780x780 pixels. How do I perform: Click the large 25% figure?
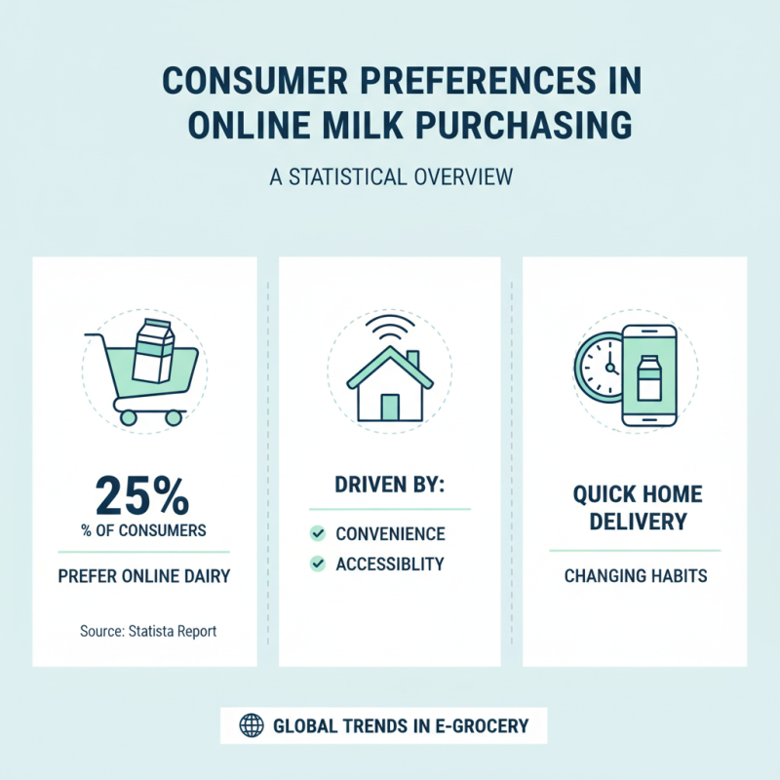pos(142,496)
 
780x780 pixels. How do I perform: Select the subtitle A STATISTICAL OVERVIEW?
pos(390,178)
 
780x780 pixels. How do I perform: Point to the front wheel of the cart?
pos(174,416)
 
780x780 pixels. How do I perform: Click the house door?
pos(390,407)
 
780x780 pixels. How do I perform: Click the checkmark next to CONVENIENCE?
pos(317,533)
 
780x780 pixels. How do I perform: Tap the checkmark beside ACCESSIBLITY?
pos(317,564)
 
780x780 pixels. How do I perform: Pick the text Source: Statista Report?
pos(148,631)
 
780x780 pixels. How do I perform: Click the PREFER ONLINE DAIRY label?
pos(144,575)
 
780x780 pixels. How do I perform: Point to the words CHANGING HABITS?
pos(636,575)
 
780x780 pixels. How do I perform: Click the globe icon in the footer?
pos(252,725)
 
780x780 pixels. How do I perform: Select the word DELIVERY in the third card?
pos(636,522)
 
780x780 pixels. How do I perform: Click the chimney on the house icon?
pos(412,360)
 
